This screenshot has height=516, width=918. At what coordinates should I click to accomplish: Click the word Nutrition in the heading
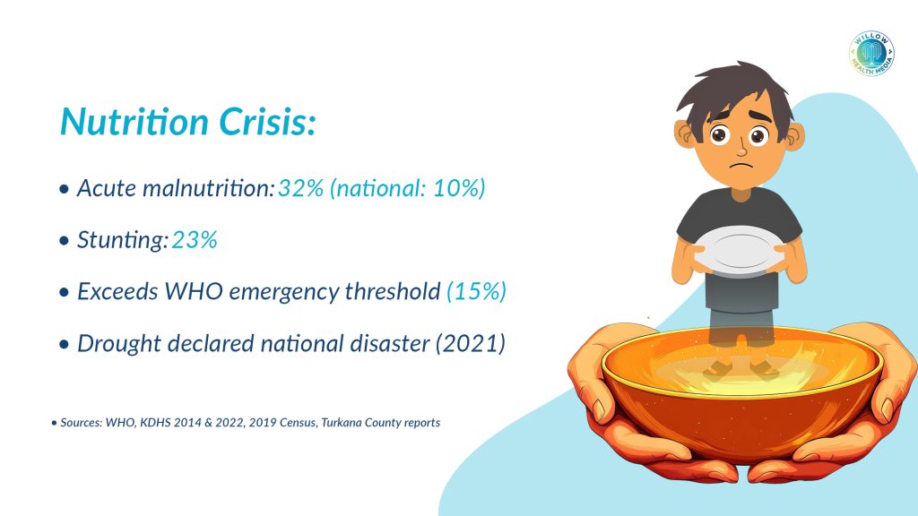pyautogui.click(x=131, y=123)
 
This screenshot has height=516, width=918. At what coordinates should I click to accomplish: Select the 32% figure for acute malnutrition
pyautogui.click(x=299, y=189)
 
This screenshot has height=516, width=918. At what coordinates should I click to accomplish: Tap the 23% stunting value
pyautogui.click(x=195, y=241)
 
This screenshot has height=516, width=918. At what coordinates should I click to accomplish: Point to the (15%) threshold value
pyautogui.click(x=476, y=292)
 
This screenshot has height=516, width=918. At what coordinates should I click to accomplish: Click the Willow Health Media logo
pyautogui.click(x=870, y=53)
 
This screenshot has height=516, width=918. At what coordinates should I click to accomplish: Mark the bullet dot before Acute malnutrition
pyautogui.click(x=64, y=191)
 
